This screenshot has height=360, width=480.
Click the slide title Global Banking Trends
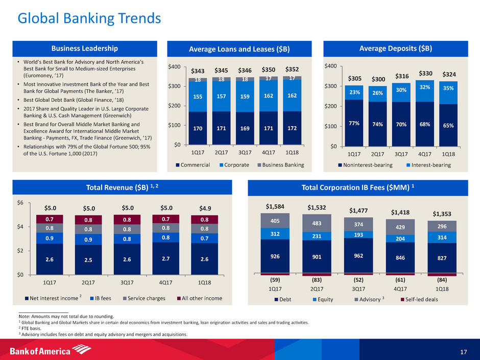coord(89,19)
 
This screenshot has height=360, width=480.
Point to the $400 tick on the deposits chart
coord(332,66)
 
